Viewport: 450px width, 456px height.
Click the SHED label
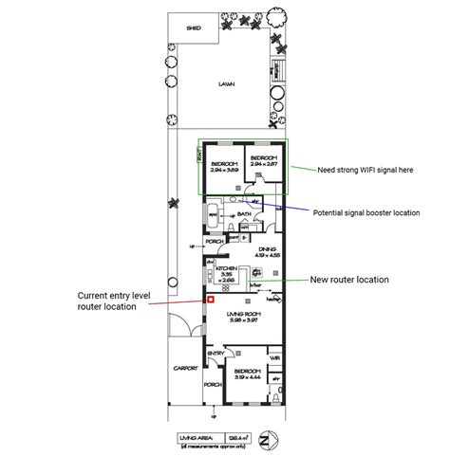point(194,28)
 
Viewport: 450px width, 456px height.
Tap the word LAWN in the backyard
point(226,83)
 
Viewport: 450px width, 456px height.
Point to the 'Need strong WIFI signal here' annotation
point(366,169)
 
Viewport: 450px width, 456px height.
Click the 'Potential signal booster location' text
point(366,213)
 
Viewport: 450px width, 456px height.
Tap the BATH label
point(244,214)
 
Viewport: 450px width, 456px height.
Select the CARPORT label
point(186,366)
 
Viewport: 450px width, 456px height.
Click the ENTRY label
point(216,356)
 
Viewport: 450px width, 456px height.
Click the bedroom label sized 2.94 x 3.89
point(224,164)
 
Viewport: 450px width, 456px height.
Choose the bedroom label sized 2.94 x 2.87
point(263,159)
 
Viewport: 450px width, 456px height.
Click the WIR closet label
point(274,357)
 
